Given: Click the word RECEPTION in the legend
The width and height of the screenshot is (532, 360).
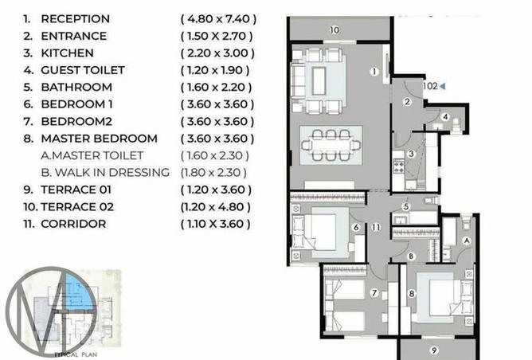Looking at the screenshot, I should [x=76, y=18].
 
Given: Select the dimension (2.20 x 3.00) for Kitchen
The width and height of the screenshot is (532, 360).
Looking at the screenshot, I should [x=217, y=53].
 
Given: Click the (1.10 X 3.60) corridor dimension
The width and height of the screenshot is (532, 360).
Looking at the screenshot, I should [x=218, y=224].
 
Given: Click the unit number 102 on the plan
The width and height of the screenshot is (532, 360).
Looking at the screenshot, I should [x=429, y=85].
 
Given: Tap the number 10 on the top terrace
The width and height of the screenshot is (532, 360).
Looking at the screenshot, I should [x=334, y=29].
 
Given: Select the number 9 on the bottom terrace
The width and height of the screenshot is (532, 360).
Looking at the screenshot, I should [x=434, y=350].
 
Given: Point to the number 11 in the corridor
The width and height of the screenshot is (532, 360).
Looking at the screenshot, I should [x=376, y=228].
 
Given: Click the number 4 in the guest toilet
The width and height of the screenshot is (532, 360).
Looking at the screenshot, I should [x=447, y=117].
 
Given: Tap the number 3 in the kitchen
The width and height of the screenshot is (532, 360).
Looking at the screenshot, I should [x=411, y=154].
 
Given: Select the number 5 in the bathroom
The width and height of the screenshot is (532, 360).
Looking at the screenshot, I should [x=405, y=206].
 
